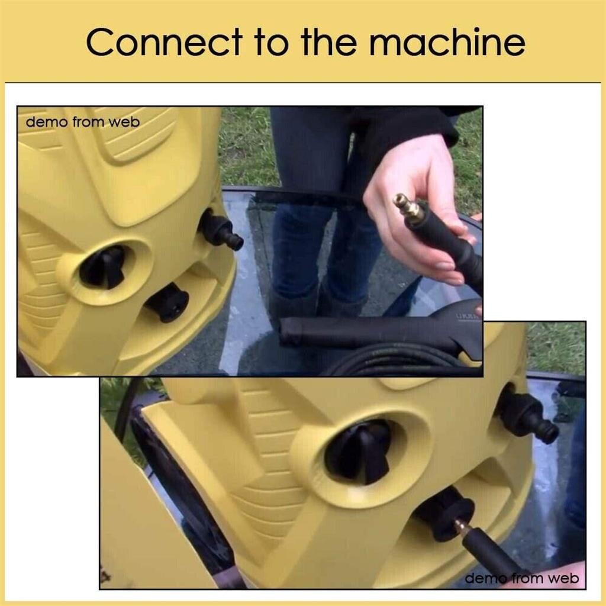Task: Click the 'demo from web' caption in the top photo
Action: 82,123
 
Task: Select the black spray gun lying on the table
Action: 367,332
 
